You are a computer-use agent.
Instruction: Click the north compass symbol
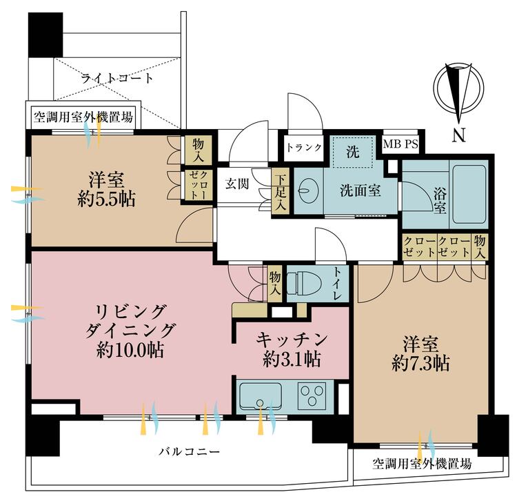point(457,90)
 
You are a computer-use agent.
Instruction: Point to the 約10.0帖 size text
point(130,349)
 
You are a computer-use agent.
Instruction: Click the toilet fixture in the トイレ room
point(303,283)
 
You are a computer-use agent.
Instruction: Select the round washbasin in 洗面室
point(307,190)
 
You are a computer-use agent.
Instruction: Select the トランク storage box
point(303,147)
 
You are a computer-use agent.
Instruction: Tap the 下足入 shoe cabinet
point(281,192)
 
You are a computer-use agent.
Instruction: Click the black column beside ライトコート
point(45,34)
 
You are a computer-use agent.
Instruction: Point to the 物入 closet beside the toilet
point(274,284)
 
